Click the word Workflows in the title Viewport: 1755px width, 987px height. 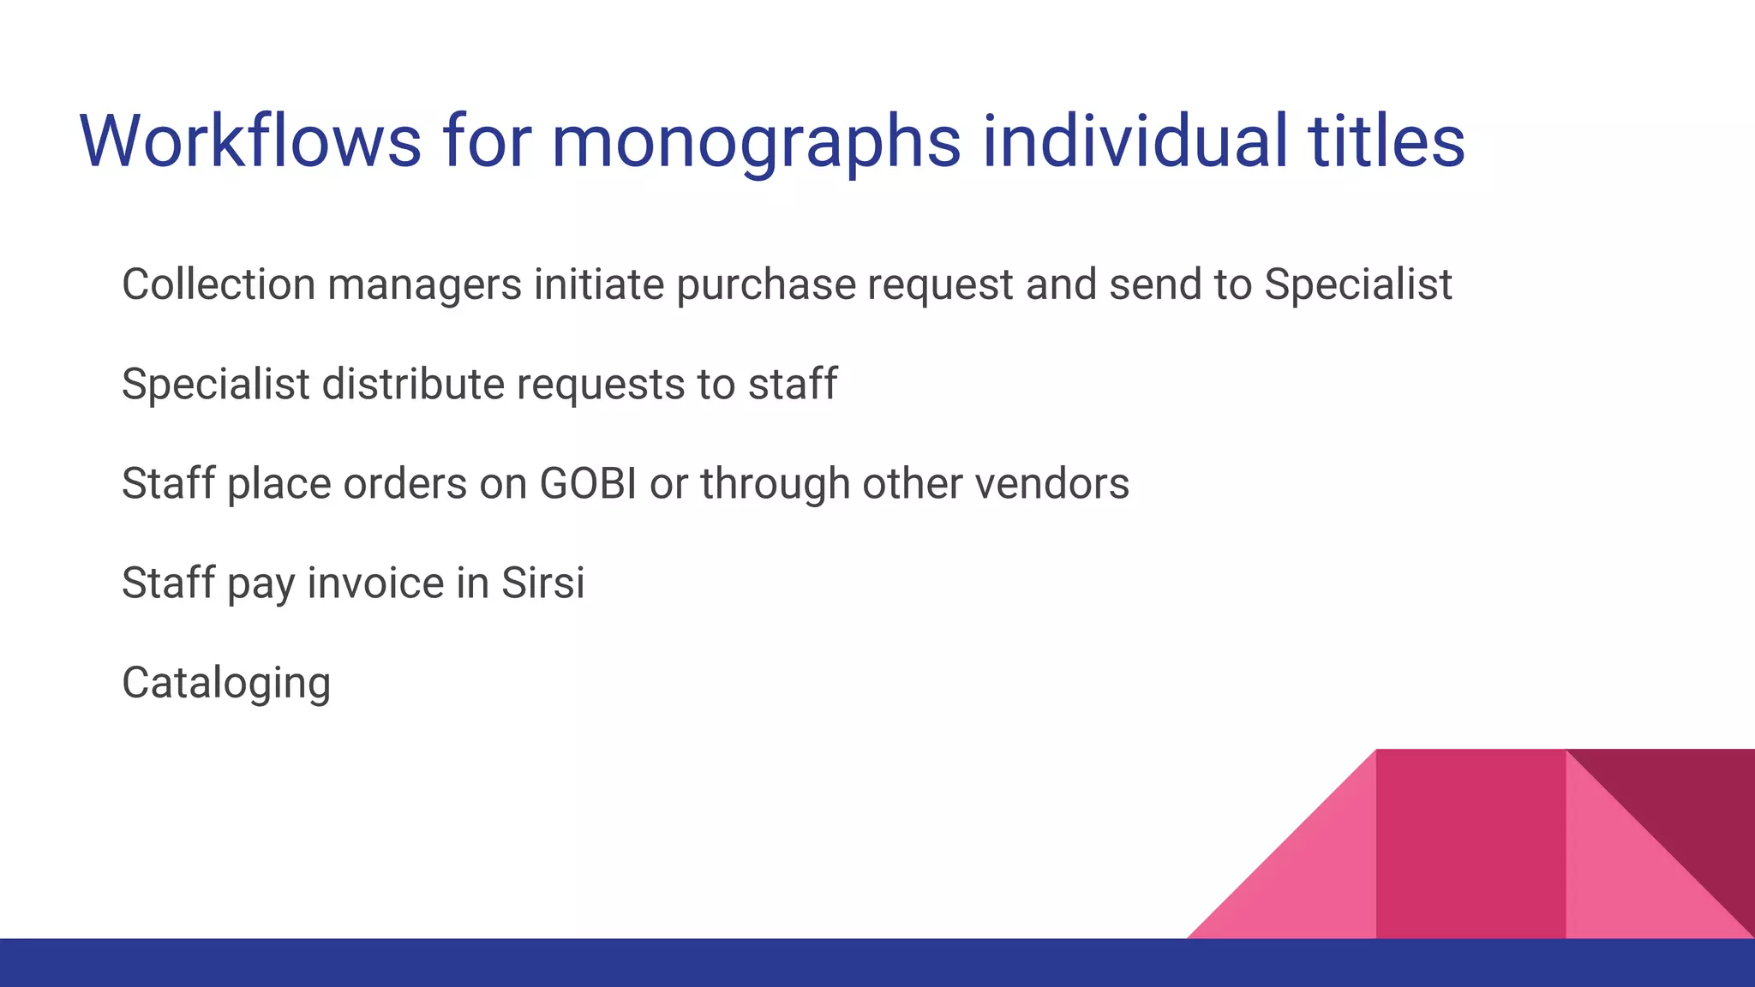tap(250, 141)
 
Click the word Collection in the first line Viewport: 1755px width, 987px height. tap(219, 284)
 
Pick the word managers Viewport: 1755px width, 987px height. tap(424, 286)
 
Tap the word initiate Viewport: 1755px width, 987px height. tap(599, 284)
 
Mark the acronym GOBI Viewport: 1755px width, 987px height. tap(588, 484)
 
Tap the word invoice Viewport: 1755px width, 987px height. tap(374, 583)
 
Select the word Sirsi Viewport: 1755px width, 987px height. tap(543, 583)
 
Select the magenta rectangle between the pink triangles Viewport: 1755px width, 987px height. tap(1470, 844)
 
